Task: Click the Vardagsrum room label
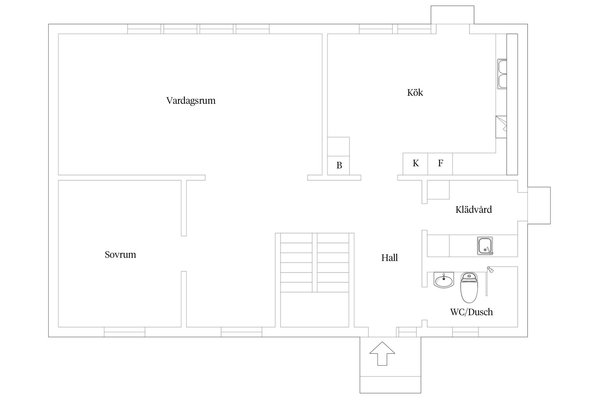[x=191, y=101]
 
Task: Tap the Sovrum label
[x=120, y=255]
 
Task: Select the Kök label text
[x=415, y=93]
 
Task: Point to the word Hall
[x=390, y=258]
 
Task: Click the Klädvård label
[x=474, y=210]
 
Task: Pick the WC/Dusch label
[x=471, y=312]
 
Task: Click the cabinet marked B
[x=338, y=165]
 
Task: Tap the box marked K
[x=415, y=164]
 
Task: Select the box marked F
[x=440, y=164]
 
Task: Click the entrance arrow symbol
[x=382, y=354]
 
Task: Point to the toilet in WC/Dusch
[x=469, y=287]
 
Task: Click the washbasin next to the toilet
[x=444, y=280]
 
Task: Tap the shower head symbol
[x=490, y=269]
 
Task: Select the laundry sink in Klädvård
[x=485, y=246]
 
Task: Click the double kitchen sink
[x=502, y=74]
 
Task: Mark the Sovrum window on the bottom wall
[x=124, y=332]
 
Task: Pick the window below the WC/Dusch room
[x=465, y=332]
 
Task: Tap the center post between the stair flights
[x=315, y=263]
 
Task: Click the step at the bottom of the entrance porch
[x=390, y=385]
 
